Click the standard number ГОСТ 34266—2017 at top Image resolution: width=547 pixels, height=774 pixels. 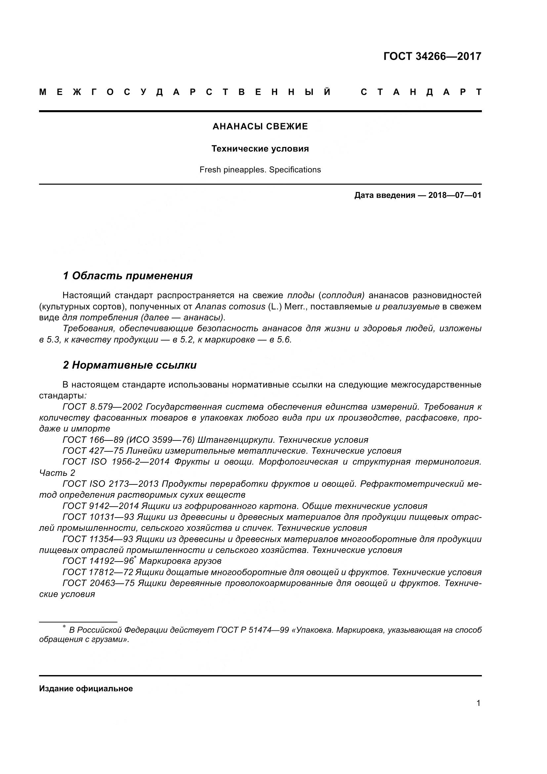coord(432,56)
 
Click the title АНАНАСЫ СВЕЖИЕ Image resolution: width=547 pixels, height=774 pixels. coord(260,127)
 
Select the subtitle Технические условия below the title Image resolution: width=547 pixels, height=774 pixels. coord(260,149)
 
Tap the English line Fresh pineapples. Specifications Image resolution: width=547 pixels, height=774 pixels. coord(260,169)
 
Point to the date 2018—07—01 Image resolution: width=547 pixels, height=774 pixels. coord(454,195)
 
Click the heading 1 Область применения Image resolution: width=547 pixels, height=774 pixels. coord(128,276)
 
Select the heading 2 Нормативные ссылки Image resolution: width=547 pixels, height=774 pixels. coord(130,365)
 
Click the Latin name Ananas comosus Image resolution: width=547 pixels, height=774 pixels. coord(230,306)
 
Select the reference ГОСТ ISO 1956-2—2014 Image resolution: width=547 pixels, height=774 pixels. coord(116,462)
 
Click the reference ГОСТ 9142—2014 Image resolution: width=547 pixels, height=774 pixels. coord(101,506)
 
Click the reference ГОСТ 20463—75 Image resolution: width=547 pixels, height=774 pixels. coord(99,583)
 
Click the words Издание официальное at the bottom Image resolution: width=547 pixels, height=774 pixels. coord(86,689)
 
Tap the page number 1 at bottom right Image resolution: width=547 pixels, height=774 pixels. coord(478,703)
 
